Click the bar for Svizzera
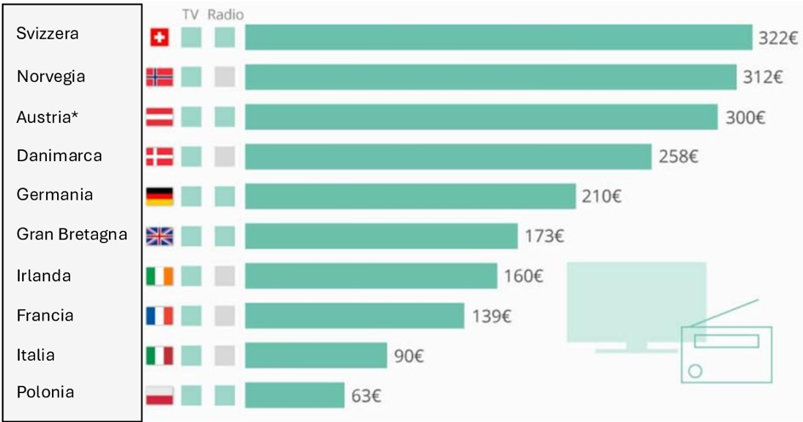499,38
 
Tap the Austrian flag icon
159,117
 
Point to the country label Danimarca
60,156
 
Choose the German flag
159,196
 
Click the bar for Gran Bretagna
381,236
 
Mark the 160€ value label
521,276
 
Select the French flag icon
159,315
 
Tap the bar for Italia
316,356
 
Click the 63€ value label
366,396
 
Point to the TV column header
191,14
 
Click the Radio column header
225,14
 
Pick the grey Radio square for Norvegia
225,77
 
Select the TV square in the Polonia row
192,395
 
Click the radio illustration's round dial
696,371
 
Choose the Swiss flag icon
159,38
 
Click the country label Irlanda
43,276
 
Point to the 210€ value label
601,197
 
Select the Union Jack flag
159,236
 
